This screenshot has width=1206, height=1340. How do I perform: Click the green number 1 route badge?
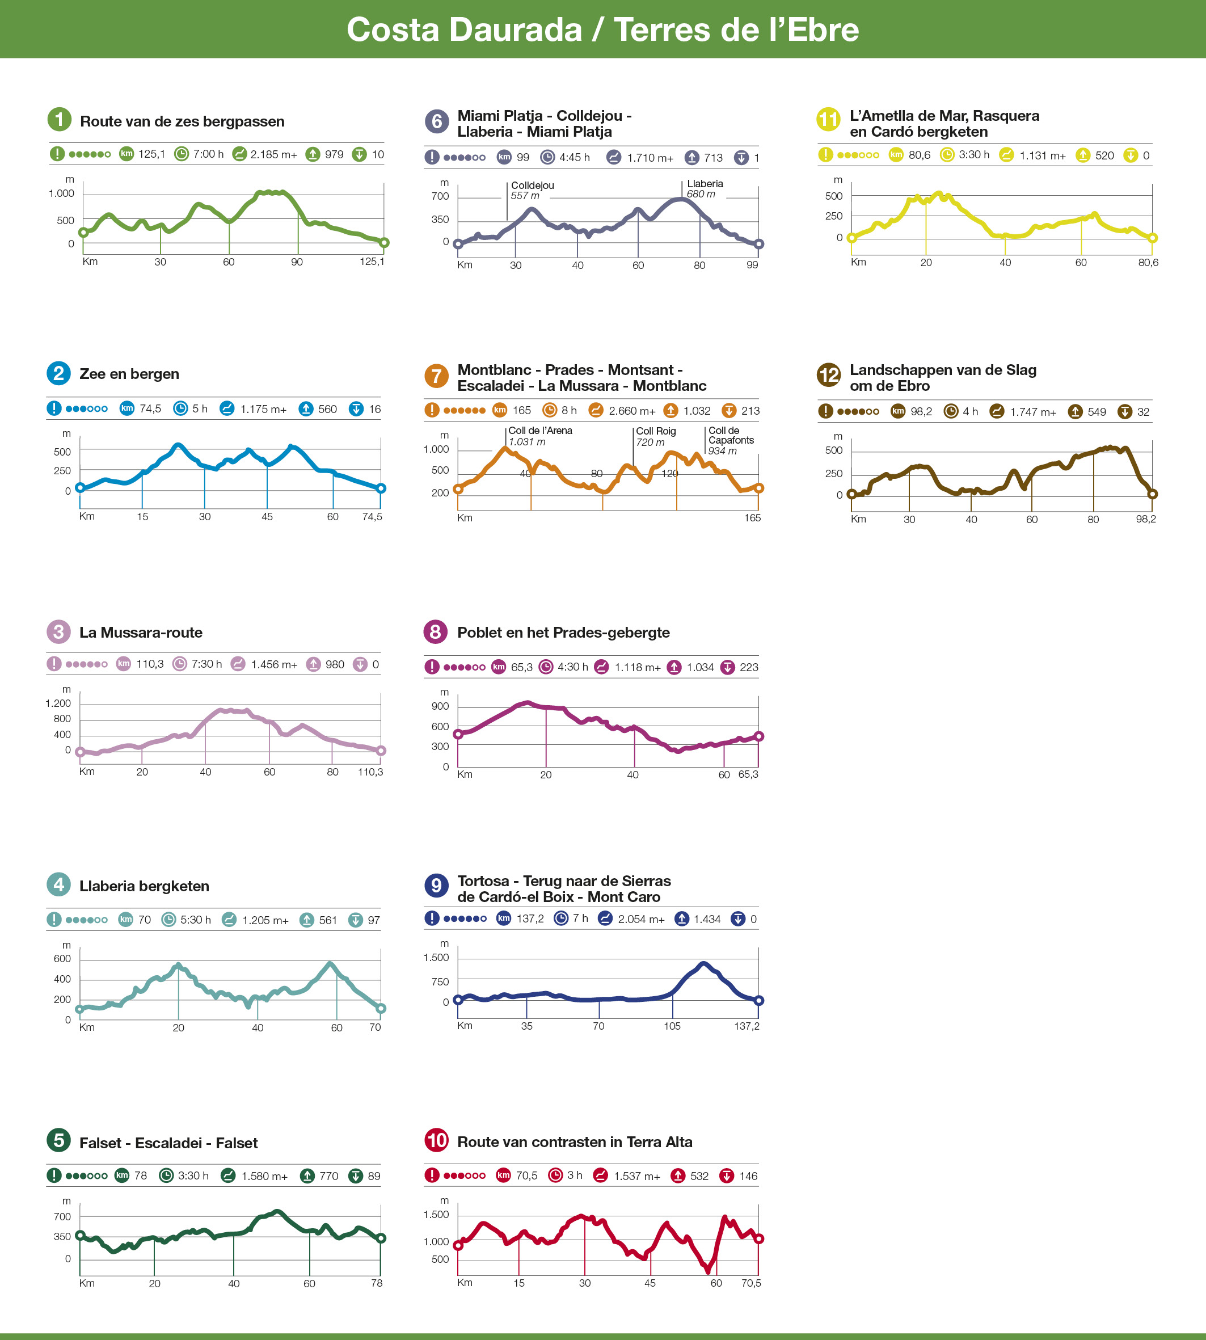[59, 119]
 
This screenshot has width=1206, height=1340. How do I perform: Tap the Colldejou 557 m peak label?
[532, 191]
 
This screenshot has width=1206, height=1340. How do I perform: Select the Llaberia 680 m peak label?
[705, 189]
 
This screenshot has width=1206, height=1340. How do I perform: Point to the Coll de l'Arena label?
[539, 431]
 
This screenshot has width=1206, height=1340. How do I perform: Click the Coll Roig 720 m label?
[655, 437]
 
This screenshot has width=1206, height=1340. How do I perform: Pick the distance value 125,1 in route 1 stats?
[152, 154]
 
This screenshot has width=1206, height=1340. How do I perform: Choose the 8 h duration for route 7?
[568, 411]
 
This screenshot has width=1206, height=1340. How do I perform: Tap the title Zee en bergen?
[129, 374]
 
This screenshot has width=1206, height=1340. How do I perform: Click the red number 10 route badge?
[436, 1140]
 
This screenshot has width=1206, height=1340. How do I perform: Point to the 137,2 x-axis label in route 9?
[747, 1026]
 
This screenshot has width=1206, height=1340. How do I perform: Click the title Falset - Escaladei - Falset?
[168, 1143]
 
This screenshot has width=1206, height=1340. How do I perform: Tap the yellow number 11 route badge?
[828, 119]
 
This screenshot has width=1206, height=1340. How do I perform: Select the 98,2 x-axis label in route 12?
[1146, 519]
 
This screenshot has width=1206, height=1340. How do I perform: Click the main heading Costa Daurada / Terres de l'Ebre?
[602, 30]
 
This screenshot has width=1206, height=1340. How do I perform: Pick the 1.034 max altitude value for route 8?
[700, 667]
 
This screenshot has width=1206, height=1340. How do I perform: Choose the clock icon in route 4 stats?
[168, 920]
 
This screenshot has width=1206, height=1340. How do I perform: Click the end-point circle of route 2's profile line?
[381, 488]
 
